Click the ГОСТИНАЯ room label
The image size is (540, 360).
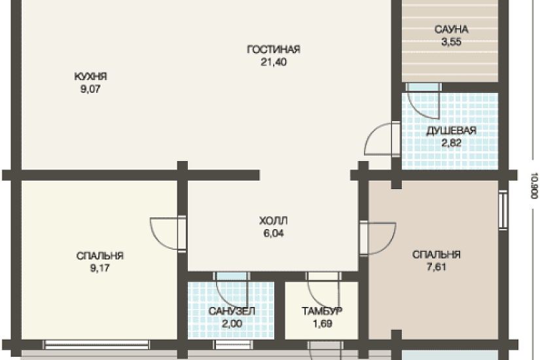[274, 50]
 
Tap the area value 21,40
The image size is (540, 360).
[274, 62]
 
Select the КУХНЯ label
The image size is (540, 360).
[90, 76]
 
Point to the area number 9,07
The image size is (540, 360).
[90, 89]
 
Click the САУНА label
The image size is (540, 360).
[451, 29]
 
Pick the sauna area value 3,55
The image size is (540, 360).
[451, 42]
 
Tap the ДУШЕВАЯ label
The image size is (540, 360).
[451, 131]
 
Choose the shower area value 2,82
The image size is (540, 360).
[451, 143]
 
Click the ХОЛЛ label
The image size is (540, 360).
[274, 221]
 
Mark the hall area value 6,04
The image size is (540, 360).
[274, 233]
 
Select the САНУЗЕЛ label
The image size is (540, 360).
[232, 311]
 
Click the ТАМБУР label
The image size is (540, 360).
[322, 311]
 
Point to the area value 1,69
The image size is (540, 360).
[322, 324]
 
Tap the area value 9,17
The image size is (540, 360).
[100, 268]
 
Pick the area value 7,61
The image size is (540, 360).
[437, 267]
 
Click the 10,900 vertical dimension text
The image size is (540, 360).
[534, 185]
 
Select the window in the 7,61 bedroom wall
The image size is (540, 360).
[503, 209]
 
